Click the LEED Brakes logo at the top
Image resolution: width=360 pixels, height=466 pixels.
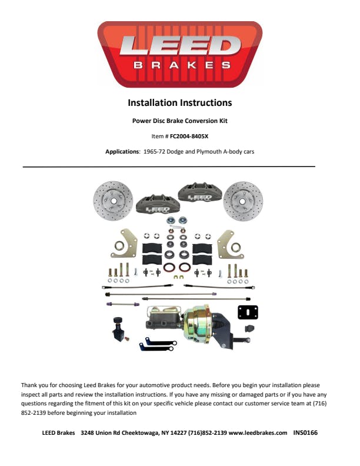pyautogui.click(x=179, y=54)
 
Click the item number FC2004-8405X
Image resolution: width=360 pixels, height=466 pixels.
pyautogui.click(x=189, y=137)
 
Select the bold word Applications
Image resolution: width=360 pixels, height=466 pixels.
pyautogui.click(x=122, y=152)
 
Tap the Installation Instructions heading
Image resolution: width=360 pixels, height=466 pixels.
pyautogui.click(x=179, y=103)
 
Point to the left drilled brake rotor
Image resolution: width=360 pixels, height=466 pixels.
pyautogui.click(x=113, y=201)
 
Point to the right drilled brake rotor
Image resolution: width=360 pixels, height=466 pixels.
pyautogui.click(x=243, y=201)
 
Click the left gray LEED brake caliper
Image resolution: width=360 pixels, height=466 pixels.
pyautogui.click(x=158, y=205)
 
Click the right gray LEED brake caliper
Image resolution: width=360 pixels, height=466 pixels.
pyautogui.click(x=200, y=192)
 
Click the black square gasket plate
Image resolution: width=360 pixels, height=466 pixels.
pyautogui.click(x=248, y=312)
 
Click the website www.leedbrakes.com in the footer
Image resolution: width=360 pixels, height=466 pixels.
pyautogui.click(x=258, y=432)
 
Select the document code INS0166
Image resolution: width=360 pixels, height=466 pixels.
pyautogui.click(x=305, y=432)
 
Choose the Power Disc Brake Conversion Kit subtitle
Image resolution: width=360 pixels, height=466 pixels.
pyautogui.click(x=179, y=121)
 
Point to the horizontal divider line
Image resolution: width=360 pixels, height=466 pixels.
pyautogui.click(x=169, y=167)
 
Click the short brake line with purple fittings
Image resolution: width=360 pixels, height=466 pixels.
pyautogui.click(x=123, y=304)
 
